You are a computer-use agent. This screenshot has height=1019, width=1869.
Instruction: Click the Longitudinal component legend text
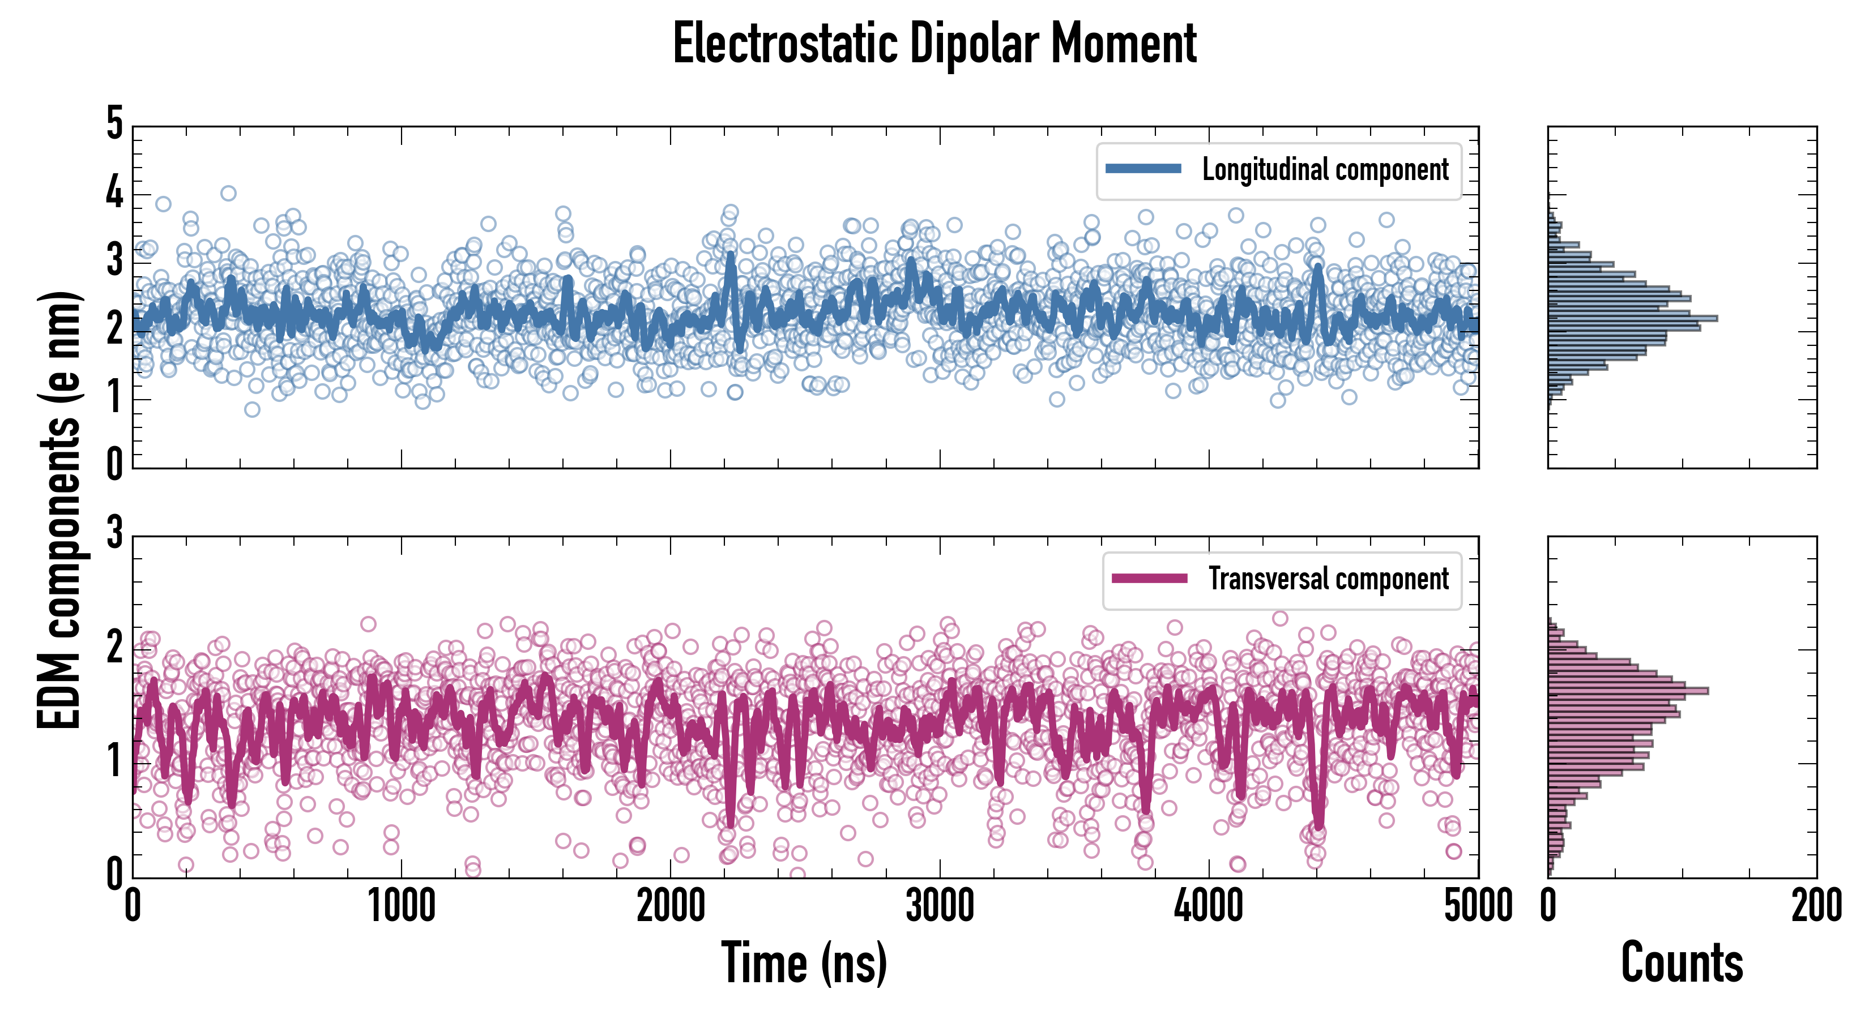1325,170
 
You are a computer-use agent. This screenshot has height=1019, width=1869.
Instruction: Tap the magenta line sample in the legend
1149,579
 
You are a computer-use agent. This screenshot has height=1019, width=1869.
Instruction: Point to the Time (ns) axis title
804,963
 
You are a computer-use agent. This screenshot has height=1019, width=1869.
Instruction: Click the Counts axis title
1681,963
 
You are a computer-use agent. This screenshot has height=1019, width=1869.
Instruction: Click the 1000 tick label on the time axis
401,906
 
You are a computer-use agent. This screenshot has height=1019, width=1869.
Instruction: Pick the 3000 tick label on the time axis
940,906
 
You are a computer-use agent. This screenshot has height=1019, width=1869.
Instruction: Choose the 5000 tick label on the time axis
1478,906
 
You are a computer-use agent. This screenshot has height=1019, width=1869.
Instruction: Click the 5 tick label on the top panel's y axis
114,123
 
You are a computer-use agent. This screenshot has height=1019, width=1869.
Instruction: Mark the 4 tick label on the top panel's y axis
114,193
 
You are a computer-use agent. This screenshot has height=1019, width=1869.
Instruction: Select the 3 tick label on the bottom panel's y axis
114,534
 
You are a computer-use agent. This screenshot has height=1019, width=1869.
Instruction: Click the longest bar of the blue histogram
1632,318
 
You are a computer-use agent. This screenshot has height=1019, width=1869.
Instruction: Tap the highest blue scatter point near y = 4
229,193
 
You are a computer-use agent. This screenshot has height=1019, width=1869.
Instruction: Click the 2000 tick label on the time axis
671,906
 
